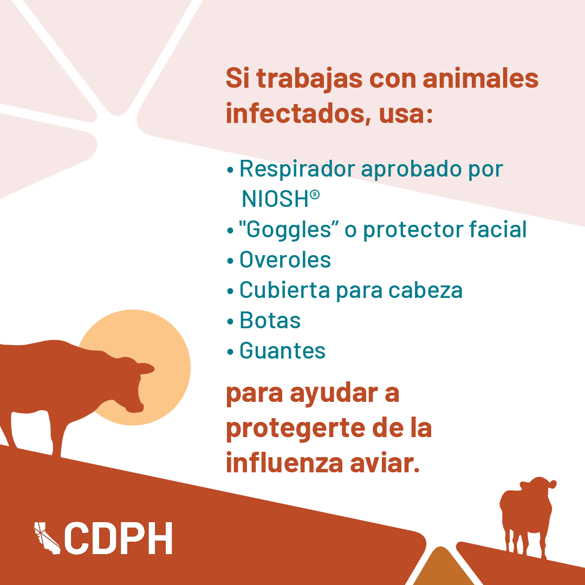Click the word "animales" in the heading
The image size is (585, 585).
click(x=480, y=79)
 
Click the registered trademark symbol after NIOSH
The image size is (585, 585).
click(x=315, y=194)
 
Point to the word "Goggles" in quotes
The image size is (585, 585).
click(x=285, y=230)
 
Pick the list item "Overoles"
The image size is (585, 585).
click(x=285, y=259)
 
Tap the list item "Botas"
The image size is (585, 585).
click(x=270, y=320)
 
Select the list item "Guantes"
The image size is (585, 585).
click(x=282, y=350)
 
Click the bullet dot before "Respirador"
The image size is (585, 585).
click(x=230, y=170)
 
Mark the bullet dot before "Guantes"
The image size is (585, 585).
click(x=230, y=352)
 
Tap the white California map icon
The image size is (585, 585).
click(x=47, y=538)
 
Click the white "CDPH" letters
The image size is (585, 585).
click(x=118, y=538)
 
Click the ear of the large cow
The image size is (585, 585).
click(x=146, y=369)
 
